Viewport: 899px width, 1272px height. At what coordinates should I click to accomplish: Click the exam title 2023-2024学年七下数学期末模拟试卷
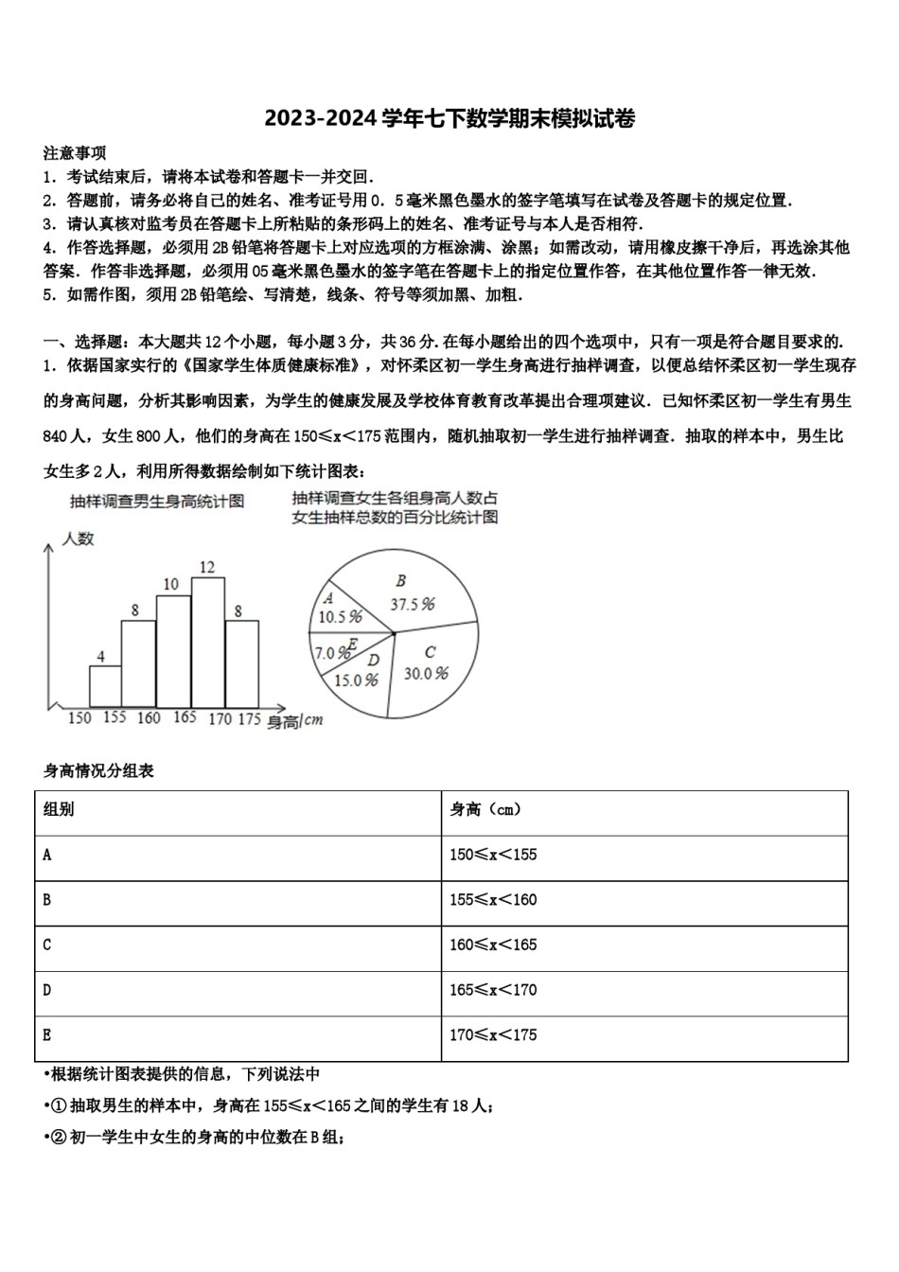click(449, 119)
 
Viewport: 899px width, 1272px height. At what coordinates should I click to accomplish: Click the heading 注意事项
click(75, 152)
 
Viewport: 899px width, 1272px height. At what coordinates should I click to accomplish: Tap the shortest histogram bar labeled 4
click(105, 686)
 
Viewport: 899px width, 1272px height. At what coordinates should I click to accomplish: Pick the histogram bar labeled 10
click(172, 651)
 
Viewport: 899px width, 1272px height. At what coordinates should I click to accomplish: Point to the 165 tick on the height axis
click(185, 717)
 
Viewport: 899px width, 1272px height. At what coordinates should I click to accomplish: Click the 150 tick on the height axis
click(79, 717)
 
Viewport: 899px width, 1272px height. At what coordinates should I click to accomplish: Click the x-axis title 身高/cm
click(294, 720)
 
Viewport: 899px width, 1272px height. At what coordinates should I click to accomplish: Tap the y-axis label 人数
click(79, 539)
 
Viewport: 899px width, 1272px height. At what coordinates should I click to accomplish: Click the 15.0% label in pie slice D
click(356, 680)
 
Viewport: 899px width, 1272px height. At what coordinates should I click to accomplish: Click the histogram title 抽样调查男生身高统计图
click(156, 501)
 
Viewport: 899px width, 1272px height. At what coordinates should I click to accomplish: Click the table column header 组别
click(59, 810)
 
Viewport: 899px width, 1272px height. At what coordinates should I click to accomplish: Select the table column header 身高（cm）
click(485, 810)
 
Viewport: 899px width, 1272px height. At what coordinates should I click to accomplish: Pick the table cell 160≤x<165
click(493, 945)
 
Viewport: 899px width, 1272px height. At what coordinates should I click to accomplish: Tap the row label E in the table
click(47, 1035)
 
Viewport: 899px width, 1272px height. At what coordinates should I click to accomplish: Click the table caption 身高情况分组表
click(98, 770)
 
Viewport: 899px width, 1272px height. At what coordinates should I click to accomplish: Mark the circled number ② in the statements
click(56, 1138)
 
